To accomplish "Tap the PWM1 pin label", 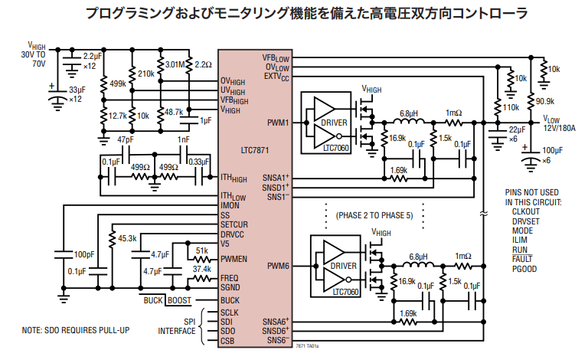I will (x=278, y=123).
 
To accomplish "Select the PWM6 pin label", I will (x=278, y=266).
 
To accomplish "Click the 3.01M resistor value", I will (x=176, y=64).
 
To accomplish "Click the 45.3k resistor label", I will (x=127, y=239).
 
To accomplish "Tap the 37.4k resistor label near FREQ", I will (x=202, y=269).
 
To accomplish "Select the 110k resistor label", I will (x=511, y=108).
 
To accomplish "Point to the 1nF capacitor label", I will (x=184, y=139).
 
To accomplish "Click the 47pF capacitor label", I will (x=126, y=139).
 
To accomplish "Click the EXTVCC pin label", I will (x=276, y=77).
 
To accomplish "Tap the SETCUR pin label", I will (x=235, y=224).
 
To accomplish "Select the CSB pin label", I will (x=228, y=340).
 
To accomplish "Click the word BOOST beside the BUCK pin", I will (x=180, y=300).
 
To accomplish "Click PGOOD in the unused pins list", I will (x=525, y=269).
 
